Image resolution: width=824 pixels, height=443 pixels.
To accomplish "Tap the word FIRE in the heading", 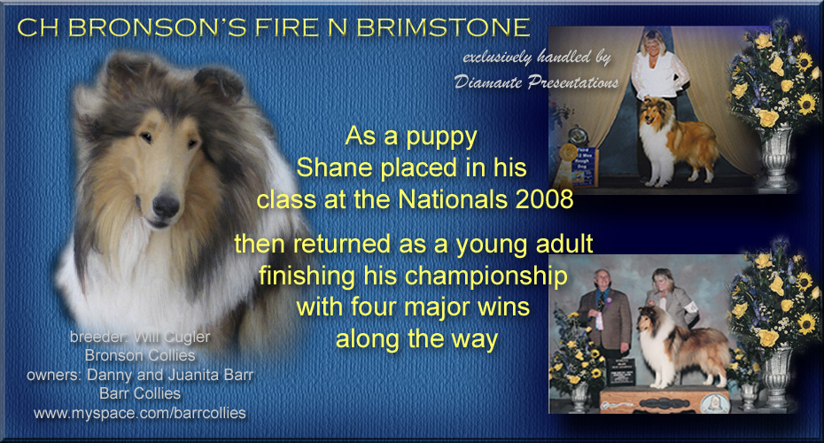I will point(290,27).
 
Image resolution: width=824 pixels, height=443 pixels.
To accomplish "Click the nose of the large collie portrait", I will point(166,206).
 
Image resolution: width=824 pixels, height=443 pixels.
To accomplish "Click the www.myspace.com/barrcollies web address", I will point(140,413).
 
